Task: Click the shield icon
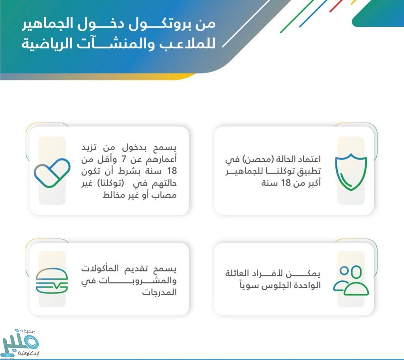(351, 172)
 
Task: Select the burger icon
(52, 281)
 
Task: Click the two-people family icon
(351, 280)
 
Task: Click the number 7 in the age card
(123, 159)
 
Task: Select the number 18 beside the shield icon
(286, 183)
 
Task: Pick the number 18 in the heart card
(172, 171)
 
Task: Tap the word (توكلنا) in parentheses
(110, 183)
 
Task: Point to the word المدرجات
(159, 292)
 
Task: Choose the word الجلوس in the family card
(277, 285)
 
